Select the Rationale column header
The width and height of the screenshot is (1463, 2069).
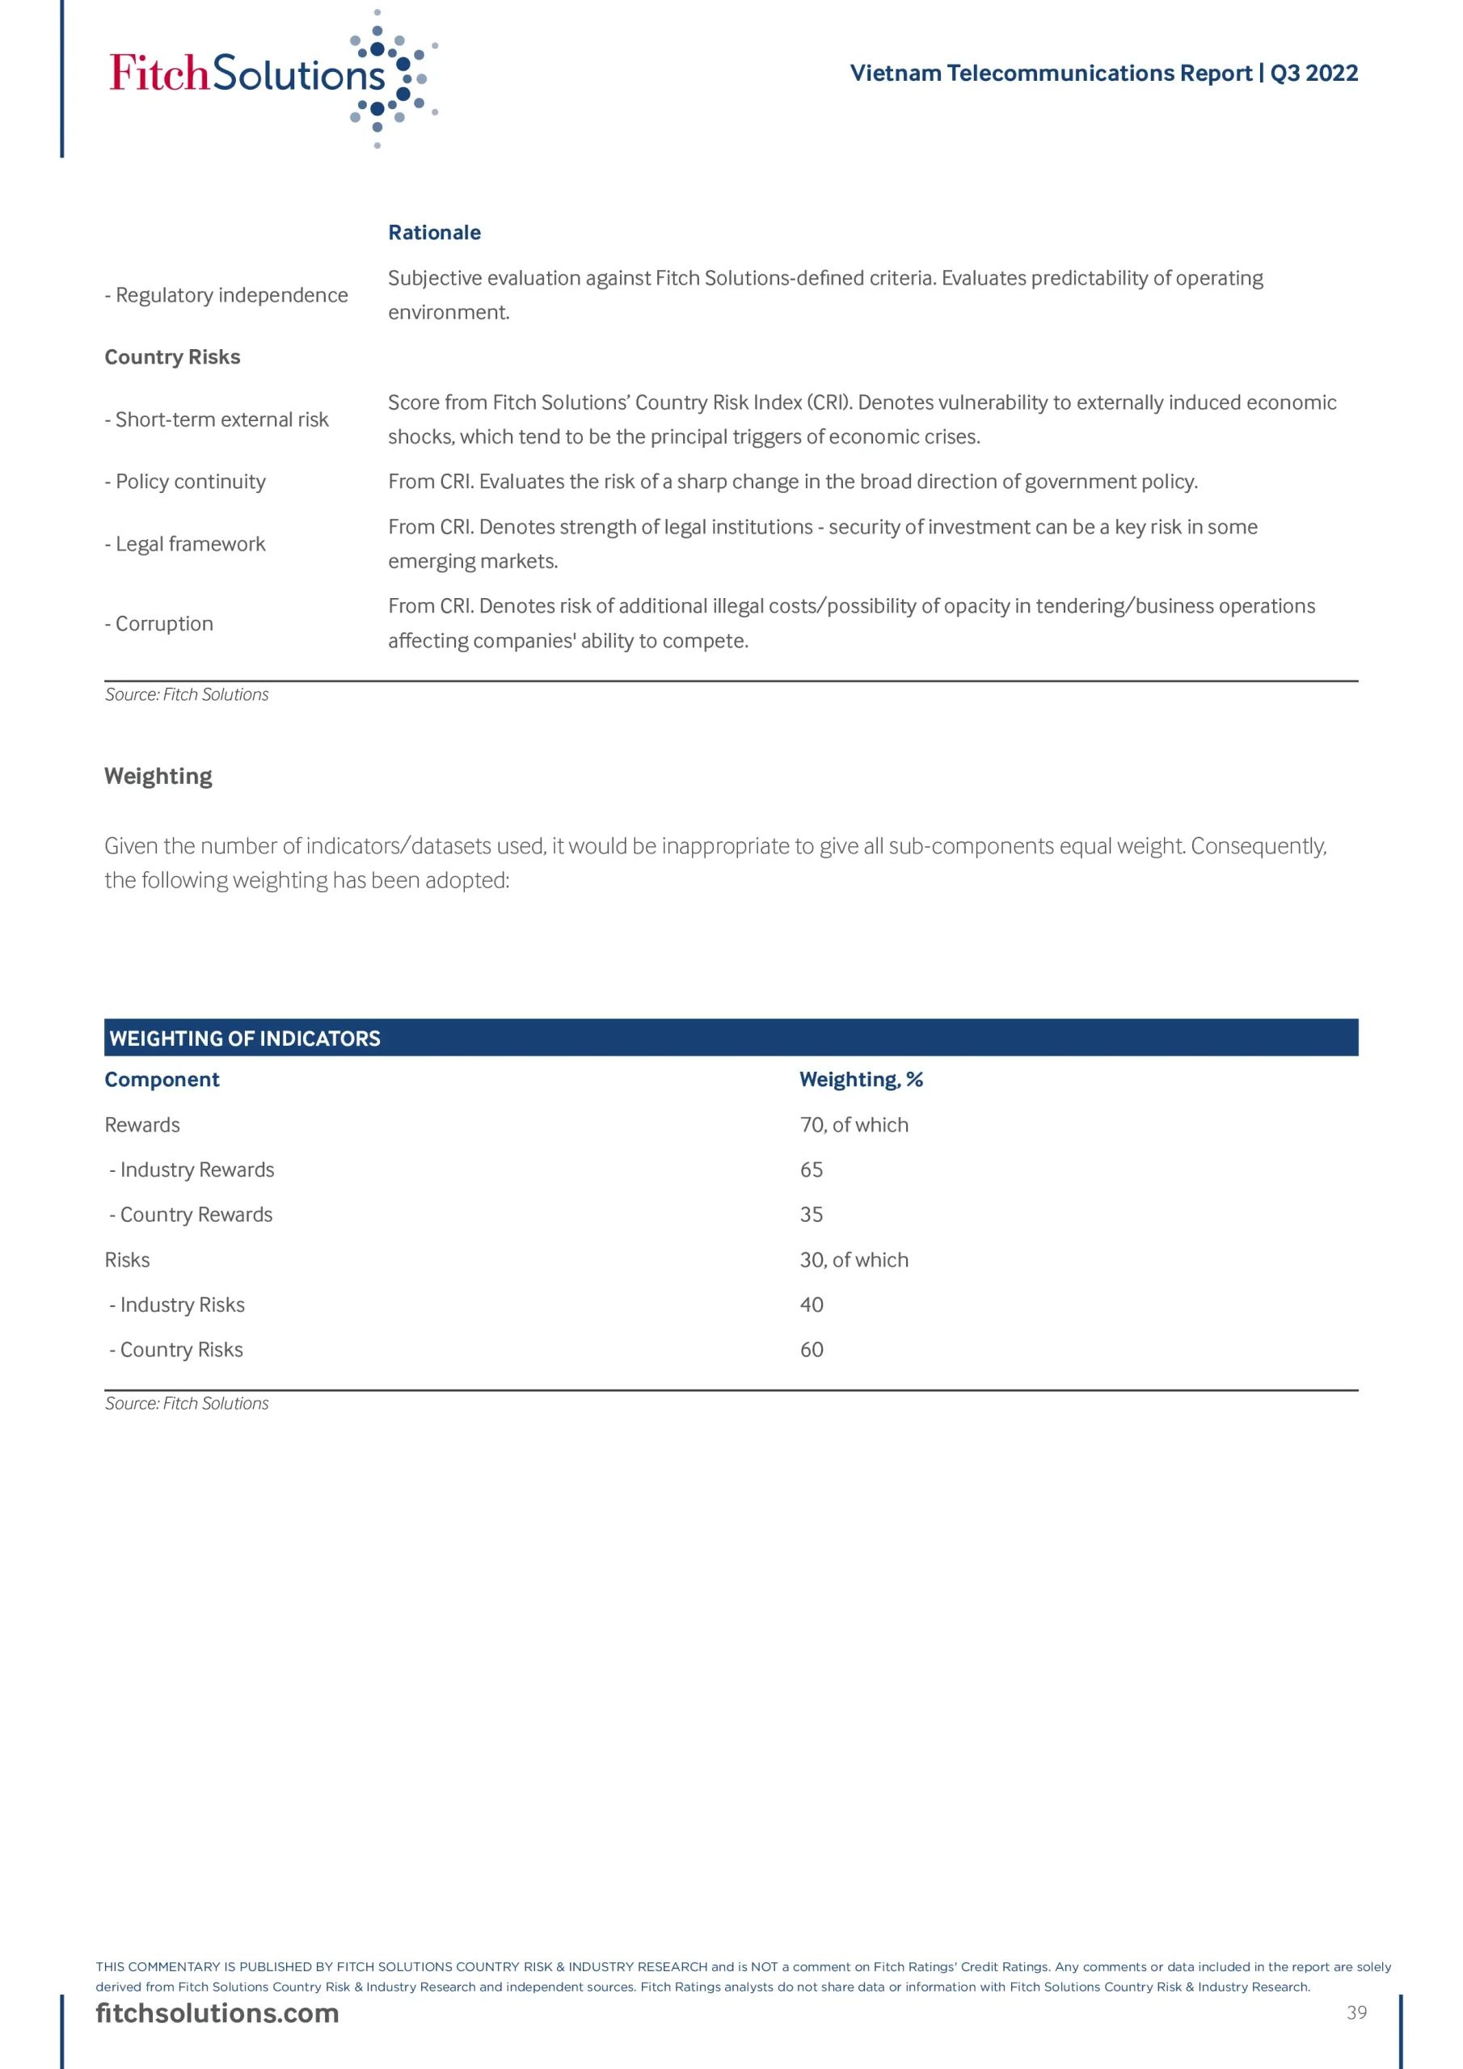(435, 233)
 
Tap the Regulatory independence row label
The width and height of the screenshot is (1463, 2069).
(226, 296)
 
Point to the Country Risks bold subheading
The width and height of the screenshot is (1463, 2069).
(172, 357)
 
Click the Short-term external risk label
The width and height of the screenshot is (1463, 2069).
(217, 420)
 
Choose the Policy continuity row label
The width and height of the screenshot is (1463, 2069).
(185, 482)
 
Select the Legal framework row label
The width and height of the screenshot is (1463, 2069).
(185, 544)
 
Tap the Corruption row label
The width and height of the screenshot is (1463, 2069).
(158, 624)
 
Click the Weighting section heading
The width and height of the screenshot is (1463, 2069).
(158, 776)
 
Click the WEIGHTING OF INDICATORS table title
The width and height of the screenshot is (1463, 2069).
(245, 1038)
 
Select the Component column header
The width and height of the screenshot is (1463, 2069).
(162, 1080)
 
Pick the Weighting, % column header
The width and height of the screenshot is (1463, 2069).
(861, 1080)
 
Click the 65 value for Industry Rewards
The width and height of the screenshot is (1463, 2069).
(812, 1169)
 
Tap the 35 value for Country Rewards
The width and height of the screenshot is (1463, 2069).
(812, 1215)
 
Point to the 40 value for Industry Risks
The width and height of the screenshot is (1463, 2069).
(812, 1304)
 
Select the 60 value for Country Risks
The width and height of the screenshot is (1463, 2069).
(812, 1350)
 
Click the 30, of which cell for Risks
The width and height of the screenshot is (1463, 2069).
(854, 1260)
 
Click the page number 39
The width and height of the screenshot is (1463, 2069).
(1356, 2012)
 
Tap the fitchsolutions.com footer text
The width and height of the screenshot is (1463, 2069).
(217, 2013)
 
